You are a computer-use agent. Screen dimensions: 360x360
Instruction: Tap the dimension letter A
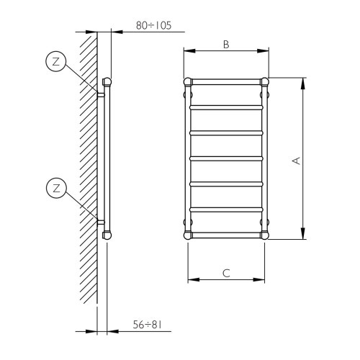tap(295, 161)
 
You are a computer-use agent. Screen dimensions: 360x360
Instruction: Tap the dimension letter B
tap(225, 45)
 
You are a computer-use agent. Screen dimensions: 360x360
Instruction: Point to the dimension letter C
tap(225, 273)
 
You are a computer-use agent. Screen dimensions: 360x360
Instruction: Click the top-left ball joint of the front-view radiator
tap(189, 81)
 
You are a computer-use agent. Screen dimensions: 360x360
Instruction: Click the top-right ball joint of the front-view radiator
tap(264, 81)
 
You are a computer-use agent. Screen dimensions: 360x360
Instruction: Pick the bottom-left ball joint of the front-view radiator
tap(189, 235)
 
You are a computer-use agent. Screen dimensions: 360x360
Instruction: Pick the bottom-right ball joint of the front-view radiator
tap(264, 235)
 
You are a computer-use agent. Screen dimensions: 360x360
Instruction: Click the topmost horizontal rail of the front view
tap(227, 81)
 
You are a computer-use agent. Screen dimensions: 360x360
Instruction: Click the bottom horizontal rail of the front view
tap(227, 235)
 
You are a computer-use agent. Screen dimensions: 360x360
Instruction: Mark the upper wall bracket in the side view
tap(101, 94)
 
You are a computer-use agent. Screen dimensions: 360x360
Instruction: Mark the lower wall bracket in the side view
tap(101, 222)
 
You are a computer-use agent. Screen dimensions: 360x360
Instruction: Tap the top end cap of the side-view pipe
tap(107, 81)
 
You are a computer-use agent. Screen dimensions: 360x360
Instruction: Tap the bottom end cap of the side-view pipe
tap(107, 234)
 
